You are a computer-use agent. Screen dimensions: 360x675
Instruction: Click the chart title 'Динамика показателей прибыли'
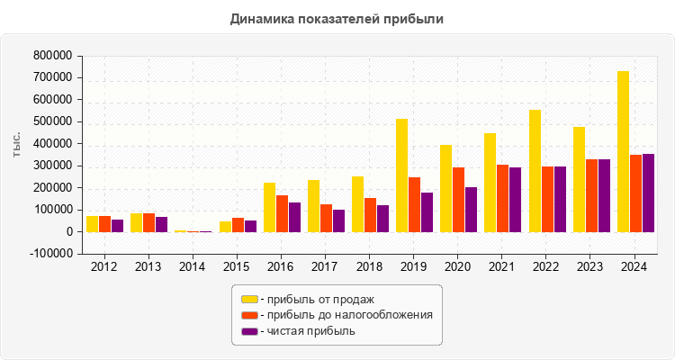click(337, 18)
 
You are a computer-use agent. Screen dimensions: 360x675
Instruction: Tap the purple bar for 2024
click(648, 193)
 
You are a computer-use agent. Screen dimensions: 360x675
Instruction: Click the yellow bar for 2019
click(401, 175)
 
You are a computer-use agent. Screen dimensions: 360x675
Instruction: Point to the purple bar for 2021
click(515, 200)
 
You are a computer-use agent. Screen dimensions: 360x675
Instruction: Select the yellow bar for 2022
click(535, 171)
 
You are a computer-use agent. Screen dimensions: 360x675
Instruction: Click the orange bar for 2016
click(282, 213)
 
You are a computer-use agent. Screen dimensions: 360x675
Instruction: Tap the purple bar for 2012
click(117, 226)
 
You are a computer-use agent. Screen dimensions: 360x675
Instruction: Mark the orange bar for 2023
click(591, 195)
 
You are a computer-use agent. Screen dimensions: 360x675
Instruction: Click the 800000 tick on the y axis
click(51, 56)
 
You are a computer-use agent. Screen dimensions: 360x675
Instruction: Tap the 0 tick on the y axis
click(67, 232)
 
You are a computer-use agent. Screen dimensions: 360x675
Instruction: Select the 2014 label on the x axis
click(192, 266)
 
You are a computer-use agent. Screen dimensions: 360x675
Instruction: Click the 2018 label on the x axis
click(369, 266)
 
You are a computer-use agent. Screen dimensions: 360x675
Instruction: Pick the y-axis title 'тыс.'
click(17, 144)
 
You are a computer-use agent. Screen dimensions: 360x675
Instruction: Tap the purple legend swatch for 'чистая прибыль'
click(248, 331)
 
